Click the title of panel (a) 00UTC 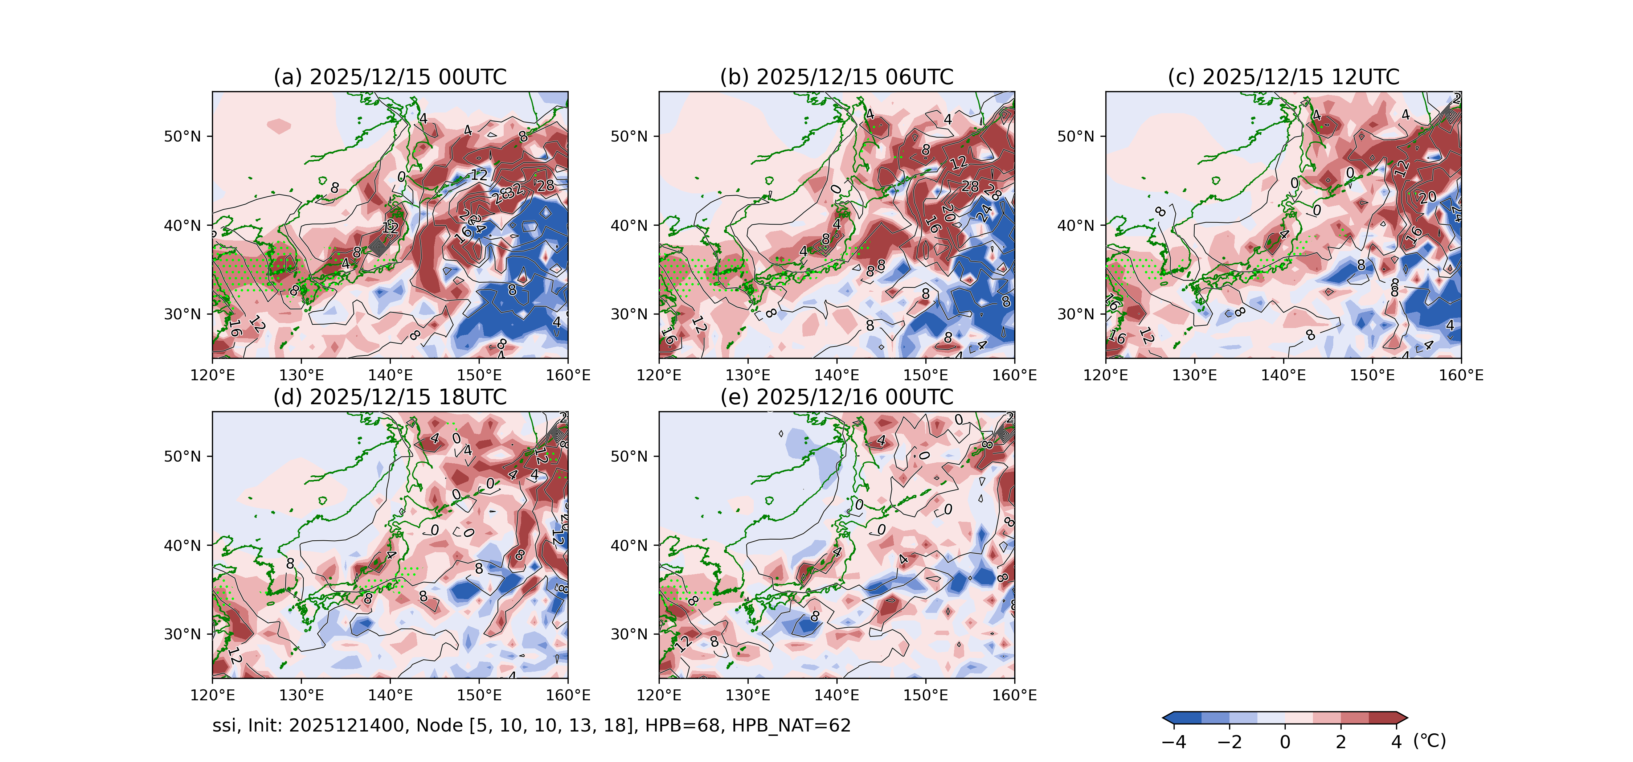click(390, 77)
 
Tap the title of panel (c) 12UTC click(1283, 77)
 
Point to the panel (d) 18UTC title click(390, 397)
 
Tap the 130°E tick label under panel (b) click(748, 375)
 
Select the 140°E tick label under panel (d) click(390, 696)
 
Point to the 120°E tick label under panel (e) click(659, 696)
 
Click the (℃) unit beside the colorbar click(1429, 741)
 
